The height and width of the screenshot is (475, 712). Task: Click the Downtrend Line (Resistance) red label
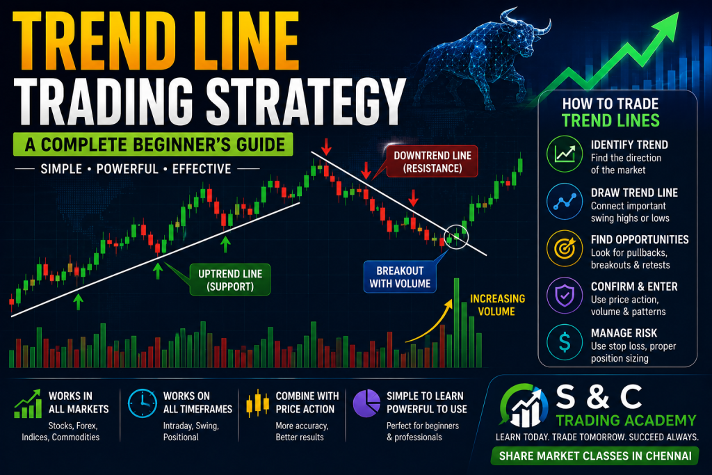click(432, 161)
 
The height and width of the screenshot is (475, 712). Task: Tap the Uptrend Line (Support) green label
click(229, 280)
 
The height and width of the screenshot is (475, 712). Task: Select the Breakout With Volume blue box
click(400, 277)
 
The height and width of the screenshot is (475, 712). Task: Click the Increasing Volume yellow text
click(497, 305)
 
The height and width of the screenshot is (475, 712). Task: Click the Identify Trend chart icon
click(565, 154)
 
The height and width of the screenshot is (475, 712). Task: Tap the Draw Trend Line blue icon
click(565, 201)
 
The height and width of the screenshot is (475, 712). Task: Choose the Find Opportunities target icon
click(565, 248)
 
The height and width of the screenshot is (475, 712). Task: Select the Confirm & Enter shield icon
click(565, 296)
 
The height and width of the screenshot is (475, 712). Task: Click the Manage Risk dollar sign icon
click(565, 342)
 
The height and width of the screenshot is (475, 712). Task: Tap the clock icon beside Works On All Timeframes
click(142, 403)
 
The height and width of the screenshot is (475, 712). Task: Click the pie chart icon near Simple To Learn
click(366, 403)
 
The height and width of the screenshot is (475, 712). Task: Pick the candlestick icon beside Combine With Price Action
click(257, 403)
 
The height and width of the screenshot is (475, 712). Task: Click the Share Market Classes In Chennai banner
click(595, 456)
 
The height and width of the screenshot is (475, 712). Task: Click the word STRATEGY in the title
click(305, 102)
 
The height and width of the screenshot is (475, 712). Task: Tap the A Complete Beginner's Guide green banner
click(153, 145)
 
